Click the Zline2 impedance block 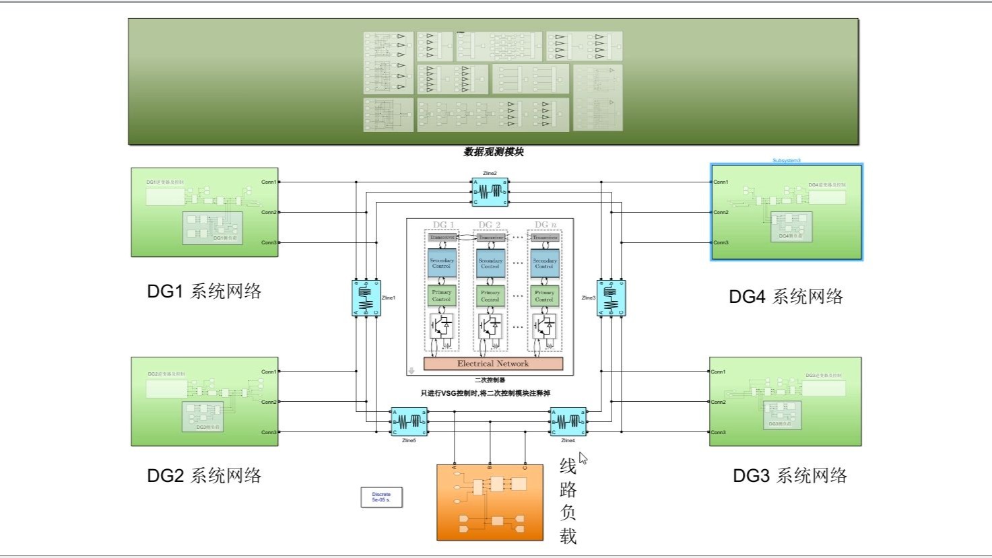490,192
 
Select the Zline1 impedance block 366,298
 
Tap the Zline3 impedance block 611,298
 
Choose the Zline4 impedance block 568,422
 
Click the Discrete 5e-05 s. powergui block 381,497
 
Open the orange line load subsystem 490,502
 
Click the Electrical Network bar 493,363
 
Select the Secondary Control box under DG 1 442,263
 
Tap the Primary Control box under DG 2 490,295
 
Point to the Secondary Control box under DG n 544,263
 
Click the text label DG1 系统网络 204,291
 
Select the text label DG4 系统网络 786,297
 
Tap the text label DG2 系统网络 204,476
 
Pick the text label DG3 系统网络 790,476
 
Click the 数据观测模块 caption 493,152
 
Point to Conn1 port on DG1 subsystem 269,182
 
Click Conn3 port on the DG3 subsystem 719,432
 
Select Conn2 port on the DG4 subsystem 721,212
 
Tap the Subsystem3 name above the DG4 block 786,161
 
